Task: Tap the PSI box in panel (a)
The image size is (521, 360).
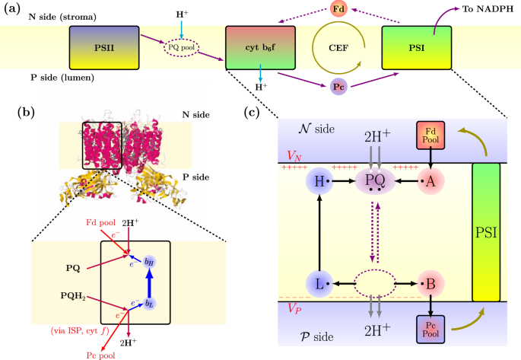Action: tap(417, 46)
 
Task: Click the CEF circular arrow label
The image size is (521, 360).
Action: tap(338, 47)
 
